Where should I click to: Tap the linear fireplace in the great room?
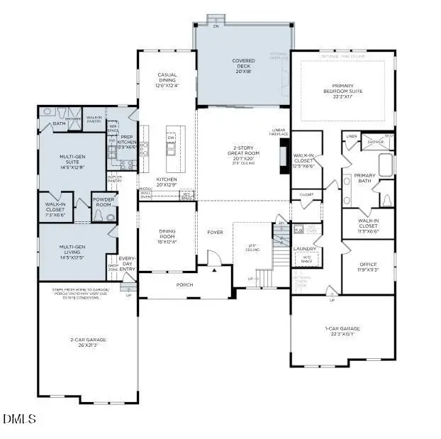(284, 152)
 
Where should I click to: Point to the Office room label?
(367, 266)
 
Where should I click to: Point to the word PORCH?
(184, 284)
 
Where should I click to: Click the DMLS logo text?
(19, 419)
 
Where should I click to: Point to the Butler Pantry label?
(115, 179)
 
